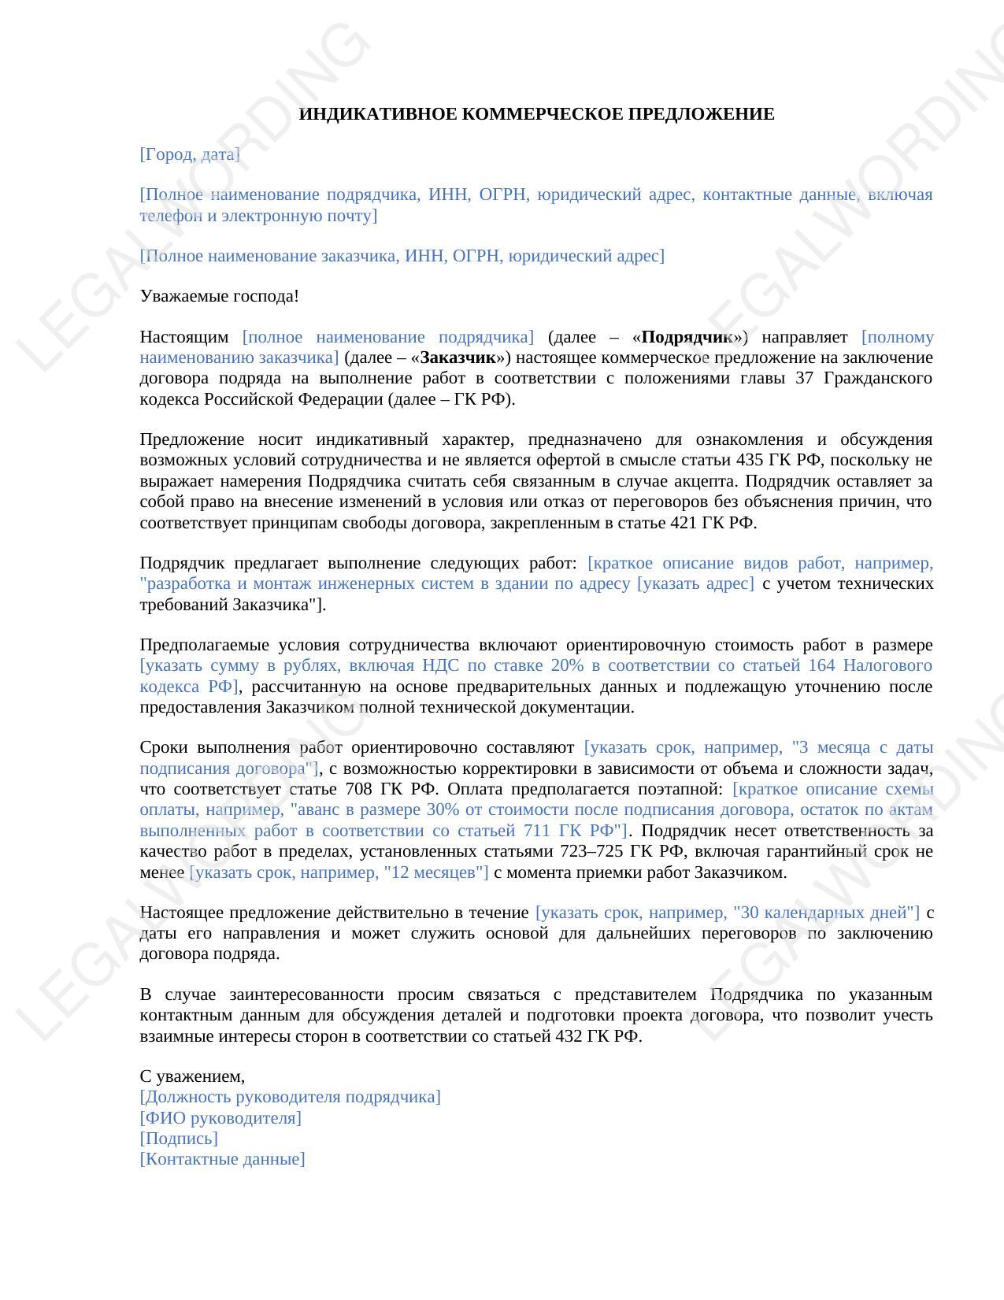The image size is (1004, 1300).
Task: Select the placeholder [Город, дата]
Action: pos(190,155)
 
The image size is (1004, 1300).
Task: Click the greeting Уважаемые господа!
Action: pos(219,297)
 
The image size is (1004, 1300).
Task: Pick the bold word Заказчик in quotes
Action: pos(458,358)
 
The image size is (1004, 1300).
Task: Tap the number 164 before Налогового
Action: pos(823,666)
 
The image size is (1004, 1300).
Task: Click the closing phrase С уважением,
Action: pos(192,1077)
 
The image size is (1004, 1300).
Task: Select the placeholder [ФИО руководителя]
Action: pos(220,1119)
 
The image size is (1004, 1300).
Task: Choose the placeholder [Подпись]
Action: pos(179,1139)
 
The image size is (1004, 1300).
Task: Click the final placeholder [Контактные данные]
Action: pos(222,1160)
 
